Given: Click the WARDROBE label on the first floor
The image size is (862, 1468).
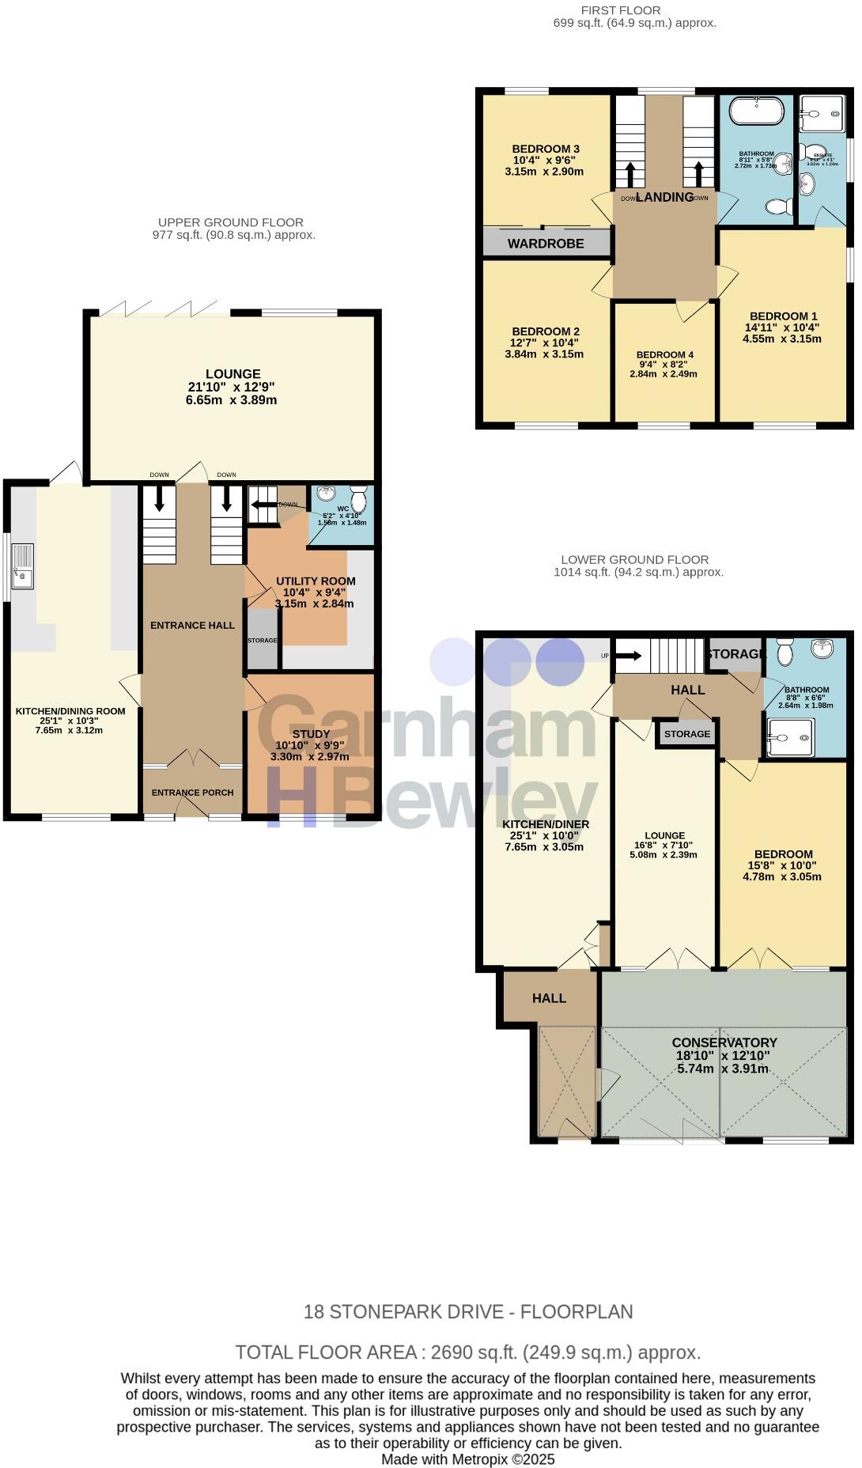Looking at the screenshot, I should point(546,244).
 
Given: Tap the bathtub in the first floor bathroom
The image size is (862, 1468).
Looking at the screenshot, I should point(756,111).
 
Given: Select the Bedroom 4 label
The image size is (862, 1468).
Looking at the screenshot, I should point(664,355).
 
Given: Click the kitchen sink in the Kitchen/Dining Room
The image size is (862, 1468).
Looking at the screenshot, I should point(21,566).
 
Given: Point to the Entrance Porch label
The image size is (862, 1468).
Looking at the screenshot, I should point(192,793).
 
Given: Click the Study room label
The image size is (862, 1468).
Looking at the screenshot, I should point(310,734).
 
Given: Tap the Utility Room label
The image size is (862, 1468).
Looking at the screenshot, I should point(316,581).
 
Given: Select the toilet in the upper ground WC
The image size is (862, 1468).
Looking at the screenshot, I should point(358,500).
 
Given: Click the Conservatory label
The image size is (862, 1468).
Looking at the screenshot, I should point(724,1042).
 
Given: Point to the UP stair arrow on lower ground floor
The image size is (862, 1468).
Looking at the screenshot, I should point(629,656).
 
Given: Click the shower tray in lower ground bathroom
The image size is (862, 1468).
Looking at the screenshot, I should point(789,737).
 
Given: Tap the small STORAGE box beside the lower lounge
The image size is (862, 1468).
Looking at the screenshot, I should point(686,734).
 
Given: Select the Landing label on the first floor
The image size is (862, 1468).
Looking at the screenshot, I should point(664,197).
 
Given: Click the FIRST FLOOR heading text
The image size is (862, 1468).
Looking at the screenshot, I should point(621,10).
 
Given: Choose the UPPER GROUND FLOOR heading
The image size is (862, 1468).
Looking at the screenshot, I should point(230,223).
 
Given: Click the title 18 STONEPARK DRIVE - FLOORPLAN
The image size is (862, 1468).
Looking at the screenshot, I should point(468,1312).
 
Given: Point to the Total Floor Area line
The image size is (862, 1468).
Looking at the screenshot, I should point(467,1353).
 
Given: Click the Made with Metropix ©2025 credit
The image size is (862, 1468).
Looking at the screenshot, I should point(467,1459).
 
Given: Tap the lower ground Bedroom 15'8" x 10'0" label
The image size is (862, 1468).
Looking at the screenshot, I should point(782,865).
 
